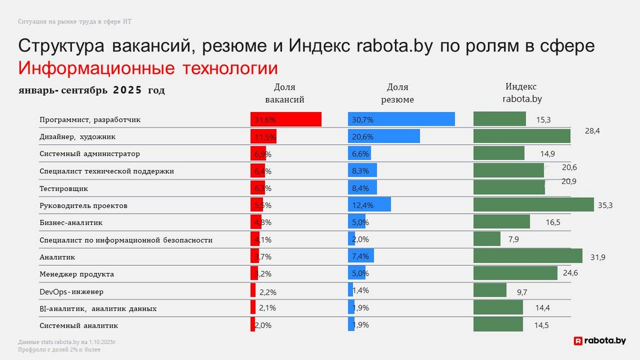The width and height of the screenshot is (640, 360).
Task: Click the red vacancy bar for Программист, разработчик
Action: (286, 119)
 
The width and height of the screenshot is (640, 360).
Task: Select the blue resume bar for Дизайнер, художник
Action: (384, 137)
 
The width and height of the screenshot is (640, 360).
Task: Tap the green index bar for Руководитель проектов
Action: (533, 205)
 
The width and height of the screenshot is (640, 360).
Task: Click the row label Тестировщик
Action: (64, 188)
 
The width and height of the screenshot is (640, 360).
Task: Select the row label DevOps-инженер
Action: (71, 292)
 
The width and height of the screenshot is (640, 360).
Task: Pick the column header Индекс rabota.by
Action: (522, 93)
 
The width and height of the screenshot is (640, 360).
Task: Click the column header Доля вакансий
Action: (285, 93)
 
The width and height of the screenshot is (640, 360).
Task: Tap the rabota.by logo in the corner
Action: (599, 340)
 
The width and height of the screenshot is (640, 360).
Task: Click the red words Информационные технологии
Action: (148, 69)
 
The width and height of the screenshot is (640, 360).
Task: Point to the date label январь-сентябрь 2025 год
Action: (92, 91)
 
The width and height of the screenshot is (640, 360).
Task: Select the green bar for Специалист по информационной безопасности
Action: (487, 239)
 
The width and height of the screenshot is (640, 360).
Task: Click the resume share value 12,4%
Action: (363, 205)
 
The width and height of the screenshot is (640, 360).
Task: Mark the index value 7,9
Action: (514, 239)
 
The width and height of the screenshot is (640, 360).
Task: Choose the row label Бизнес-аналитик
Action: (71, 222)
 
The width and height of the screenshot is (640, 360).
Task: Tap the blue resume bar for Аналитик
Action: (361, 257)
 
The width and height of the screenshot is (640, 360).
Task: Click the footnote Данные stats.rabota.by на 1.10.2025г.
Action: (67, 342)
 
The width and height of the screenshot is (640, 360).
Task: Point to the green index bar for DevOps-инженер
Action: (490, 290)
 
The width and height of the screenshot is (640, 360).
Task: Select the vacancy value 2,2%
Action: (268, 292)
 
